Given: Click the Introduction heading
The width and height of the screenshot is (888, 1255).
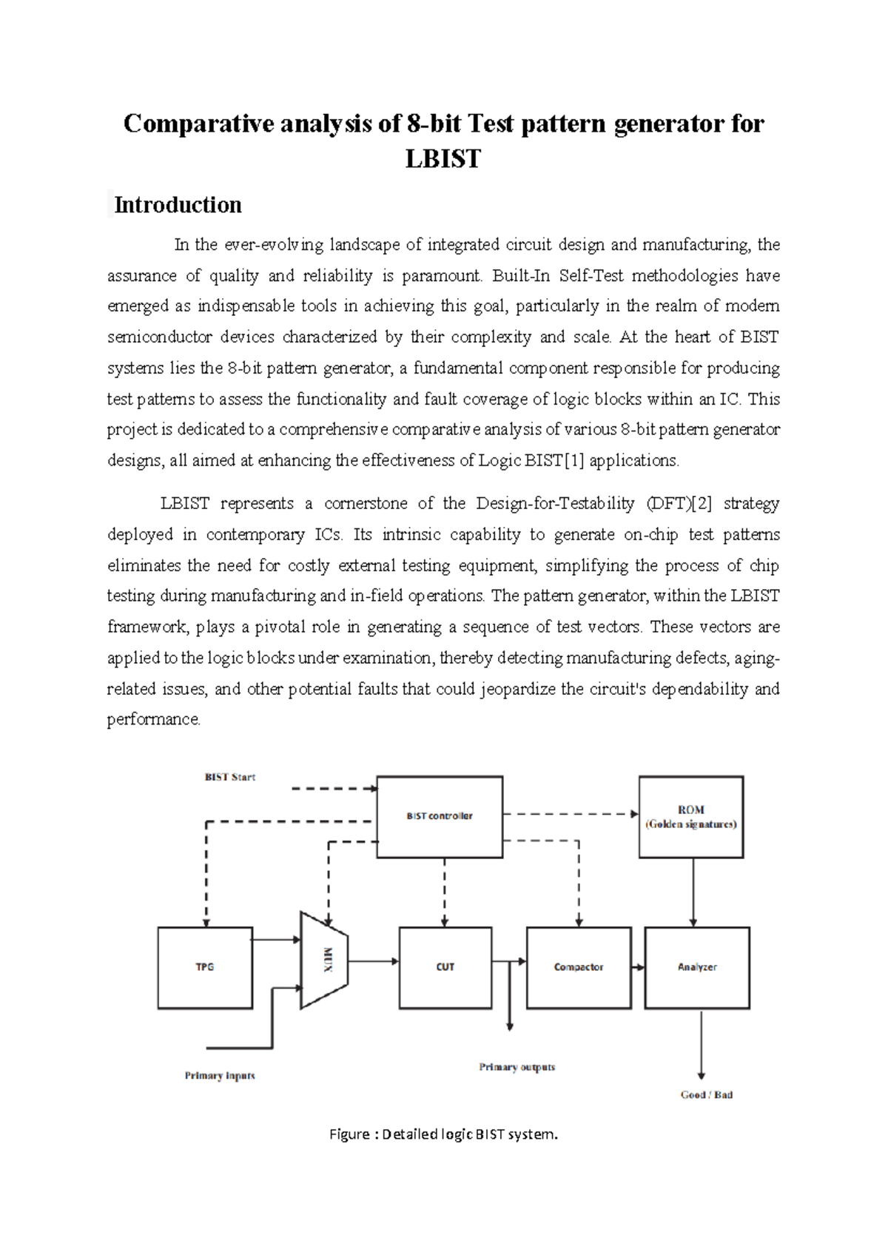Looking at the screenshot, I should (178, 205).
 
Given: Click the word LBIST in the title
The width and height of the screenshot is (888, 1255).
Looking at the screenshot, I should (443, 158).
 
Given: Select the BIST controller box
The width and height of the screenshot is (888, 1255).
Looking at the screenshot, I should (440, 816).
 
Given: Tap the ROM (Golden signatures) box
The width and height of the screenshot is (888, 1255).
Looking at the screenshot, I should (690, 816).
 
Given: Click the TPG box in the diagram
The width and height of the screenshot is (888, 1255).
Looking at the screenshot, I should (205, 967).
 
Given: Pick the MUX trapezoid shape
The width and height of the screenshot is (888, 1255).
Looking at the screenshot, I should (324, 960).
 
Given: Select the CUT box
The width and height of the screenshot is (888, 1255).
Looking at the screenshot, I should (445, 967).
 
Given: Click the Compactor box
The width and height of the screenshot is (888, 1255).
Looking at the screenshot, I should (579, 967).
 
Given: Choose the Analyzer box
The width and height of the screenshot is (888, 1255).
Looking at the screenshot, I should (697, 967).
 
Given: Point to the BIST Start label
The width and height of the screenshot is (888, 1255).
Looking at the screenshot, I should (230, 777).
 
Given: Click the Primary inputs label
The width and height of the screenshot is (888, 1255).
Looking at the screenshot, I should (220, 1075).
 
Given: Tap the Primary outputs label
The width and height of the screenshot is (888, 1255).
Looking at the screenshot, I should (517, 1066).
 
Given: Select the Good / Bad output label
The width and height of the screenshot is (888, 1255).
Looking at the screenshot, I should (707, 1094).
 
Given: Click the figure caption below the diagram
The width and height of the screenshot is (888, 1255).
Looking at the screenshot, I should (443, 1134).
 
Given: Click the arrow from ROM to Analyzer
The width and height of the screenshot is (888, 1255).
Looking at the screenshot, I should (693, 892).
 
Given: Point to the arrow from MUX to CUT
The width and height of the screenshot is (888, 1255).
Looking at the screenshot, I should (374, 961).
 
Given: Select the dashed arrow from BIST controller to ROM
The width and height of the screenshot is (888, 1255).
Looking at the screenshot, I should (570, 814).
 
